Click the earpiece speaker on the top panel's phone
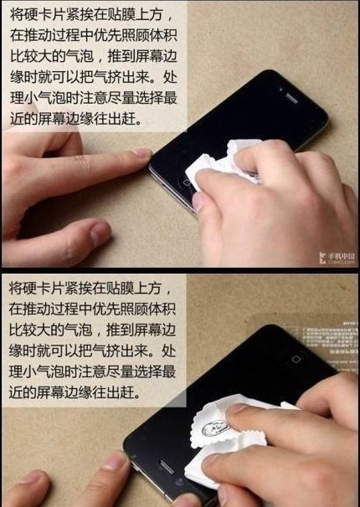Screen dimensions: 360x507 tap(291, 98)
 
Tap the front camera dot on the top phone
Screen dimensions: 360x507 tap(280, 90)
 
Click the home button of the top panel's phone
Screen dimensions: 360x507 tap(187, 182)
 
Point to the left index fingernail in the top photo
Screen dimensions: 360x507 tap(142, 152)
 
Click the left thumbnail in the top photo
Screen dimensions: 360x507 tap(100, 232)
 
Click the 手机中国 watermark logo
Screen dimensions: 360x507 tap(337, 259)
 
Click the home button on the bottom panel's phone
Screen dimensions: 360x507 tap(296, 359)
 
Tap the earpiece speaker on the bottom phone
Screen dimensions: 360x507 tap(167, 467)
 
